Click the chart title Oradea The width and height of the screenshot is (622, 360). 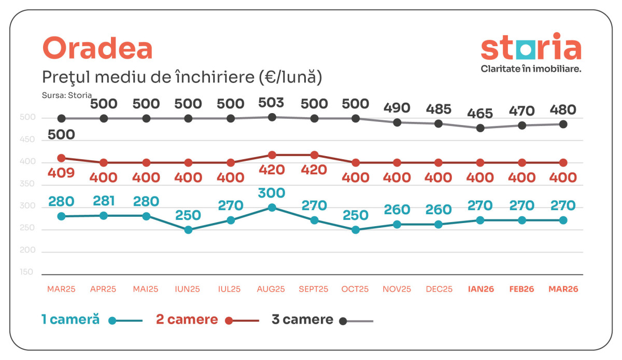point(97,49)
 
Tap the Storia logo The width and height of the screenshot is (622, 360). point(531,47)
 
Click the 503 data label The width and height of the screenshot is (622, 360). point(271,102)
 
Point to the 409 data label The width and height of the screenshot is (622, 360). point(61,173)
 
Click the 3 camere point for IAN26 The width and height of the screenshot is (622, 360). point(480,128)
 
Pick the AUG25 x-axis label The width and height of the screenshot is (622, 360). point(271,289)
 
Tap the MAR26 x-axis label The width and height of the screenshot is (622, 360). point(563,289)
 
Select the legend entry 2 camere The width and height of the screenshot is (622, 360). point(187,320)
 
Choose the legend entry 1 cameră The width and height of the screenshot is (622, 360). point(70,320)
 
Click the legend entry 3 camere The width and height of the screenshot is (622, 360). point(302,320)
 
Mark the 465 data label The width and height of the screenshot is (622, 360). point(480,113)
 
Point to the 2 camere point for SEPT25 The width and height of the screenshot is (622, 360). point(314,155)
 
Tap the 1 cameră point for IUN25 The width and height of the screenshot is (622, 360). point(188,230)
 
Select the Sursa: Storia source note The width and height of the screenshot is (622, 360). point(67,95)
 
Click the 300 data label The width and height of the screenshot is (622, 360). point(271,193)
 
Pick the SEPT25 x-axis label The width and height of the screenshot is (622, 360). point(314,289)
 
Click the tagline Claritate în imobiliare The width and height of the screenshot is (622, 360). point(531,68)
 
